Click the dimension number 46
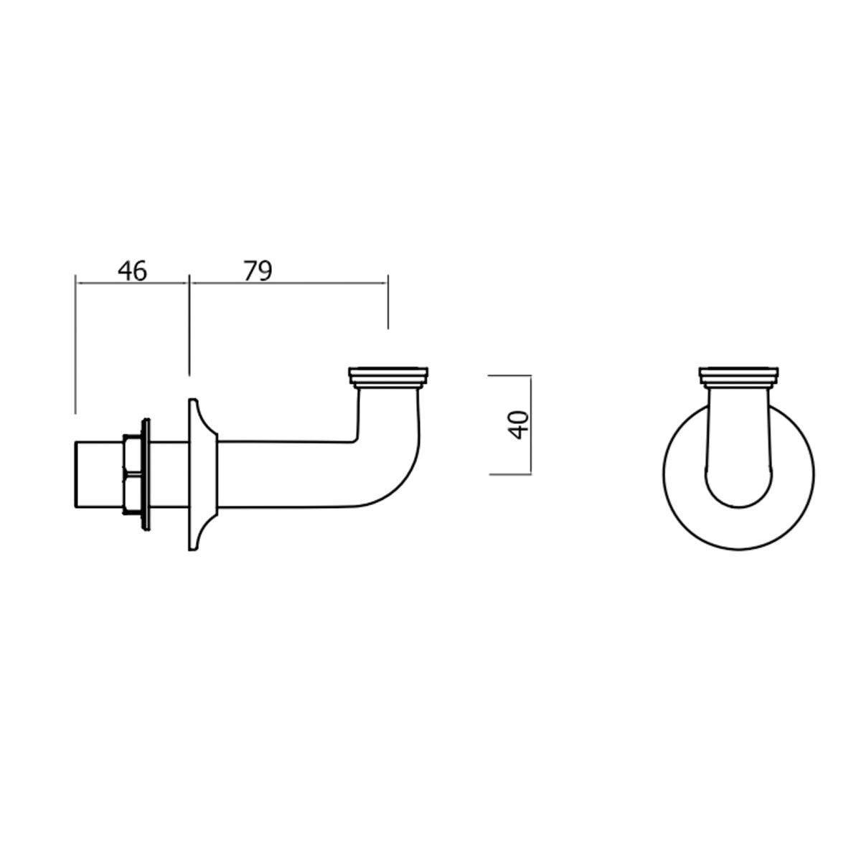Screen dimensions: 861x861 [133, 271]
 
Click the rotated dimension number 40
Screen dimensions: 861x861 [518, 425]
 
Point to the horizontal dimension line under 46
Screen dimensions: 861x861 [133, 284]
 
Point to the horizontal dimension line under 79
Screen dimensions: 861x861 [287, 284]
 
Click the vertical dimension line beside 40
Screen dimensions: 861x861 [531, 425]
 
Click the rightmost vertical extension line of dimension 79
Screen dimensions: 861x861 [388, 301]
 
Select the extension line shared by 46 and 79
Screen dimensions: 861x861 [189, 323]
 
